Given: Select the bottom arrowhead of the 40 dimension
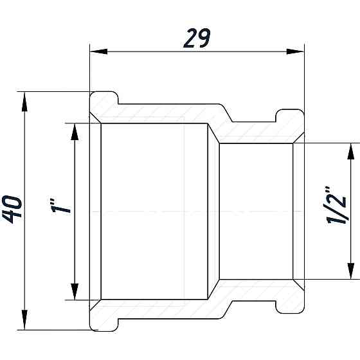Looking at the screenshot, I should (x=25, y=322).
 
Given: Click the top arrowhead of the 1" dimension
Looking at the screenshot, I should (x=75, y=130).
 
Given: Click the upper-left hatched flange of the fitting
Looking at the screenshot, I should (x=103, y=105).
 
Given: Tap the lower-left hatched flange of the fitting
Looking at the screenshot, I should (x=103, y=317).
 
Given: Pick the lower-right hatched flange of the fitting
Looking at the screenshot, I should (x=289, y=299).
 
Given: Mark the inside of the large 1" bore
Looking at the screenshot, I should (x=154, y=193).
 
